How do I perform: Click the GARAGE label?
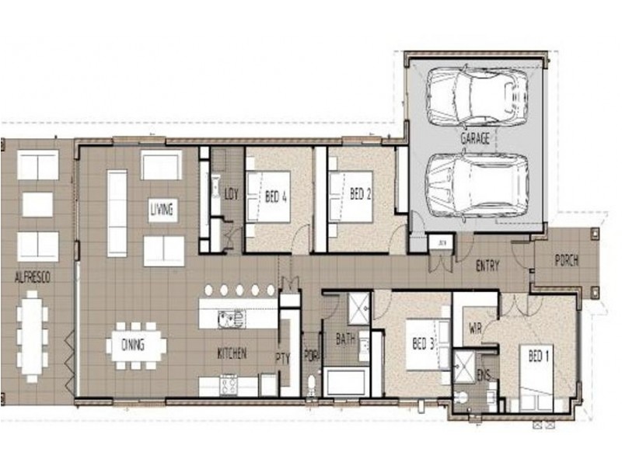coord(474,139)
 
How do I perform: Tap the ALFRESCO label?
coord(33,277)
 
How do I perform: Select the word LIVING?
coord(162,210)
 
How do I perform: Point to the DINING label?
coord(133,345)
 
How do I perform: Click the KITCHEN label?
coord(232,353)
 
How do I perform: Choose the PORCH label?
coord(566,261)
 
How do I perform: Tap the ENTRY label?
coord(487,266)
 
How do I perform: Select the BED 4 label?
coord(277,197)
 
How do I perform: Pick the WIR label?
coord(476,329)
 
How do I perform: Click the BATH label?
coord(345,339)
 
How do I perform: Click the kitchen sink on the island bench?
coord(231,317)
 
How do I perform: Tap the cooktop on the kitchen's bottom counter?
coord(229,384)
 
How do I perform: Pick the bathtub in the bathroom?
coord(345,383)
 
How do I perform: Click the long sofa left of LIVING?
coord(117,213)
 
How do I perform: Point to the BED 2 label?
coord(358,194)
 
